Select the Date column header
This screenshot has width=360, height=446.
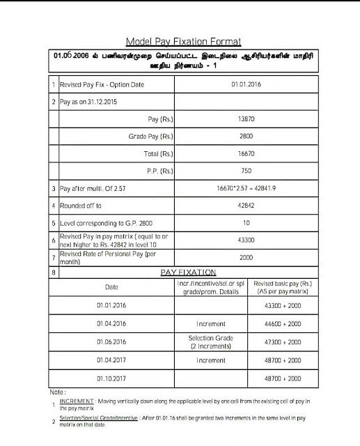point(111,286)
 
